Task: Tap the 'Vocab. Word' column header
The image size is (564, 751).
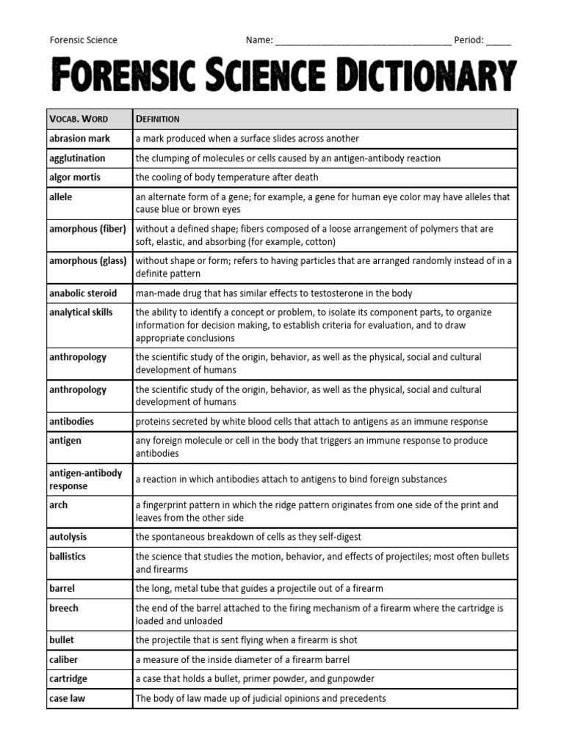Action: (x=77, y=119)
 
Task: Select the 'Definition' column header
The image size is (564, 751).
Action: (x=158, y=119)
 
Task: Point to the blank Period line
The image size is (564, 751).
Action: (x=499, y=41)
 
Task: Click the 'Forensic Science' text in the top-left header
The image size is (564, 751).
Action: (x=83, y=40)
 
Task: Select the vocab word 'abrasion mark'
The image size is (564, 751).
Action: (x=79, y=139)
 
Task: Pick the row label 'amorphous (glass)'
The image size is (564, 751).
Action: (x=87, y=261)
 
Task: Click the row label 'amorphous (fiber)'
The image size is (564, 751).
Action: (x=87, y=229)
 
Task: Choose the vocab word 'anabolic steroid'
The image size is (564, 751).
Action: (x=83, y=293)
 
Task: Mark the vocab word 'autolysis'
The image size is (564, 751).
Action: (x=68, y=537)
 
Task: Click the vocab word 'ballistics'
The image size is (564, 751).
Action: (x=68, y=557)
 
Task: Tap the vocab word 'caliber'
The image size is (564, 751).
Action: (x=63, y=659)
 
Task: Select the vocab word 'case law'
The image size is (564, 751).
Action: (x=67, y=698)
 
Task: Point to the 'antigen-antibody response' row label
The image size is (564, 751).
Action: (x=85, y=480)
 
